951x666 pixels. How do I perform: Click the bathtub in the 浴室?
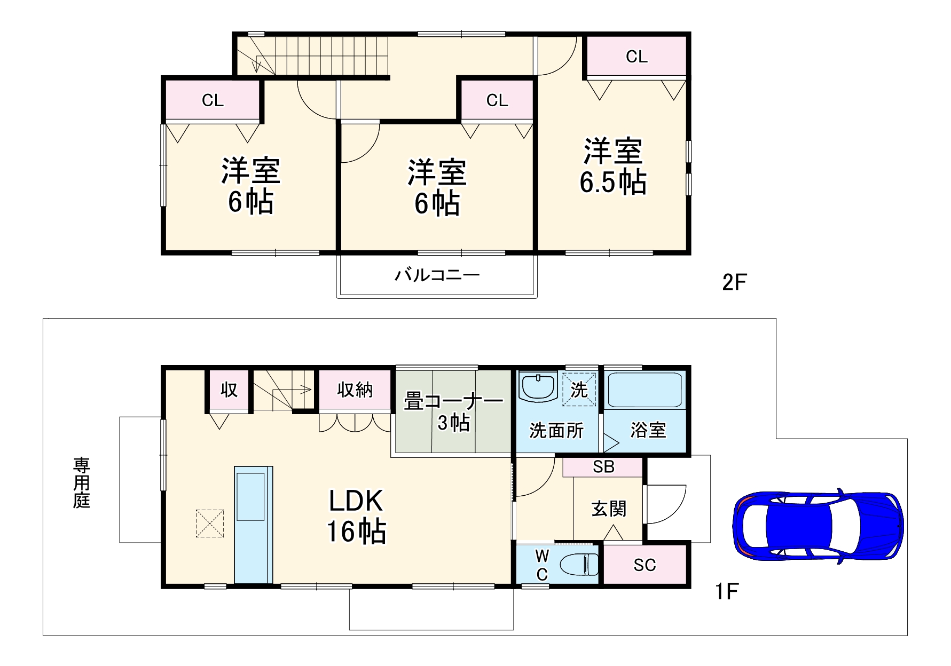(x=645, y=391)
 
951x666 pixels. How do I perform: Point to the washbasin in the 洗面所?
(x=538, y=386)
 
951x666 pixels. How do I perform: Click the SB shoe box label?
(x=603, y=467)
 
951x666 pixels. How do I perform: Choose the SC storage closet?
(x=645, y=565)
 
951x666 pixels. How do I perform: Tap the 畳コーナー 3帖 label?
(x=453, y=411)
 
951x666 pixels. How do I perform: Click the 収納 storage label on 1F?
(x=355, y=390)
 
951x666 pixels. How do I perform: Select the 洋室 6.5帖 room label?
(x=613, y=166)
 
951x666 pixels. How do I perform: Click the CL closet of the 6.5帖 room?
(x=636, y=57)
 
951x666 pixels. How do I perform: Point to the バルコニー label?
(x=437, y=275)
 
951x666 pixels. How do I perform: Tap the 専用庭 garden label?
(x=82, y=482)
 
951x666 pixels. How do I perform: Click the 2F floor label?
(x=734, y=282)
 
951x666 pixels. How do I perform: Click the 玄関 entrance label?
(x=608, y=509)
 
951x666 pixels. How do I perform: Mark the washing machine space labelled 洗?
(x=579, y=390)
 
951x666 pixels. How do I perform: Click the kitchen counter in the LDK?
(x=253, y=525)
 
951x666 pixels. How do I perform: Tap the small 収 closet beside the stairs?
(x=229, y=390)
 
